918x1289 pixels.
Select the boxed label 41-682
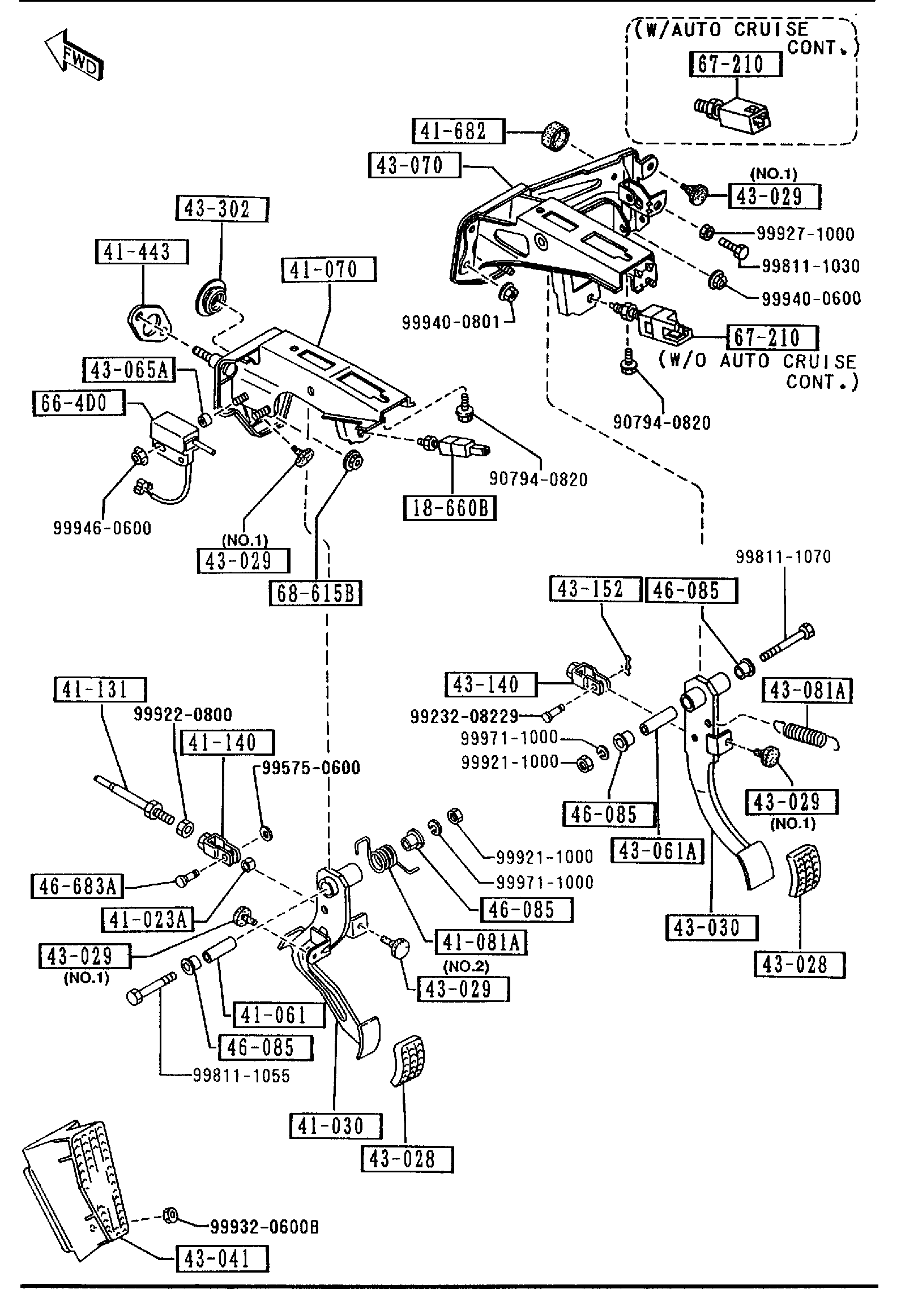pyautogui.click(x=458, y=131)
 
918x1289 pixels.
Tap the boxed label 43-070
pyautogui.click(x=414, y=165)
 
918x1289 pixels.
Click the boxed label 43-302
pyautogui.click(x=221, y=210)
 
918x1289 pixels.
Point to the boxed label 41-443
pyautogui.click(x=142, y=252)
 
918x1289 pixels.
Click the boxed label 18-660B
pyautogui.click(x=450, y=508)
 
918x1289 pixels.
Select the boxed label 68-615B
pyautogui.click(x=315, y=593)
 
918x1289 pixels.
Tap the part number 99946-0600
pyautogui.click(x=103, y=528)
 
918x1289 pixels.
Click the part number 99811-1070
pyautogui.click(x=783, y=557)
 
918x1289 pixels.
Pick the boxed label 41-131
pyautogui.click(x=100, y=690)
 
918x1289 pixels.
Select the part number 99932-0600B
pyautogui.click(x=264, y=1227)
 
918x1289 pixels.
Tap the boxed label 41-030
pyautogui.click(x=335, y=1126)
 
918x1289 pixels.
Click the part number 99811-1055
pyautogui.click(x=241, y=1076)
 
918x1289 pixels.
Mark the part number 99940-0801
pyautogui.click(x=451, y=322)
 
